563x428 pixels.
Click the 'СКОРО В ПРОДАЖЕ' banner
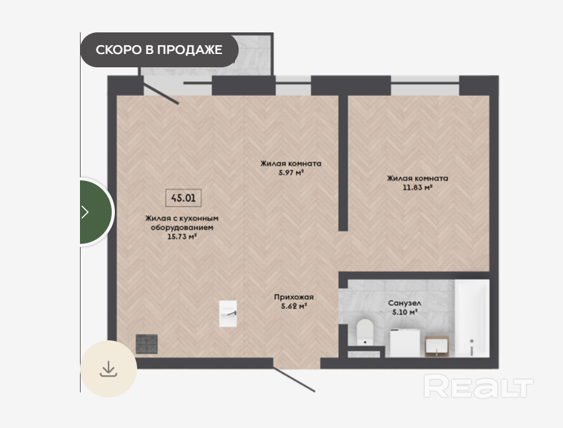tap(159, 50)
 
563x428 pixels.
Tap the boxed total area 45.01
tap(183, 197)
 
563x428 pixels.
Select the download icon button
tap(109, 369)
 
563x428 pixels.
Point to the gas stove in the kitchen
tap(147, 344)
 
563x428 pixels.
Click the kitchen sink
tap(228, 314)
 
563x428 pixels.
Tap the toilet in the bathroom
tap(365, 331)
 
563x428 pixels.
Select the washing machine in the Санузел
tap(405, 342)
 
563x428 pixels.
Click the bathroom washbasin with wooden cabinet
tap(437, 346)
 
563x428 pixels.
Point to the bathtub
tap(472, 318)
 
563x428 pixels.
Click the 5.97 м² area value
tap(291, 173)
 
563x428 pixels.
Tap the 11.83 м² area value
tap(417, 187)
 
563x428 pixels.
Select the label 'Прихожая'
tap(294, 297)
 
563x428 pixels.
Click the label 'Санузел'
tap(405, 304)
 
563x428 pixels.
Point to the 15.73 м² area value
tap(182, 236)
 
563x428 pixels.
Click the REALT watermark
tap(479, 386)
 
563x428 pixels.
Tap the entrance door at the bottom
tap(293, 379)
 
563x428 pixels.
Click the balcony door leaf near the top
tap(161, 93)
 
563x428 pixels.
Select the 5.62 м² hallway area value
tap(294, 307)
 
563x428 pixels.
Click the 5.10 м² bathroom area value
tap(405, 312)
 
